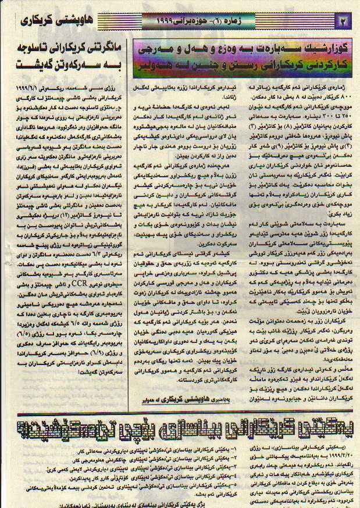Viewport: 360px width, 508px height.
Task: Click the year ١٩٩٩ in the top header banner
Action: (169, 22)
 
